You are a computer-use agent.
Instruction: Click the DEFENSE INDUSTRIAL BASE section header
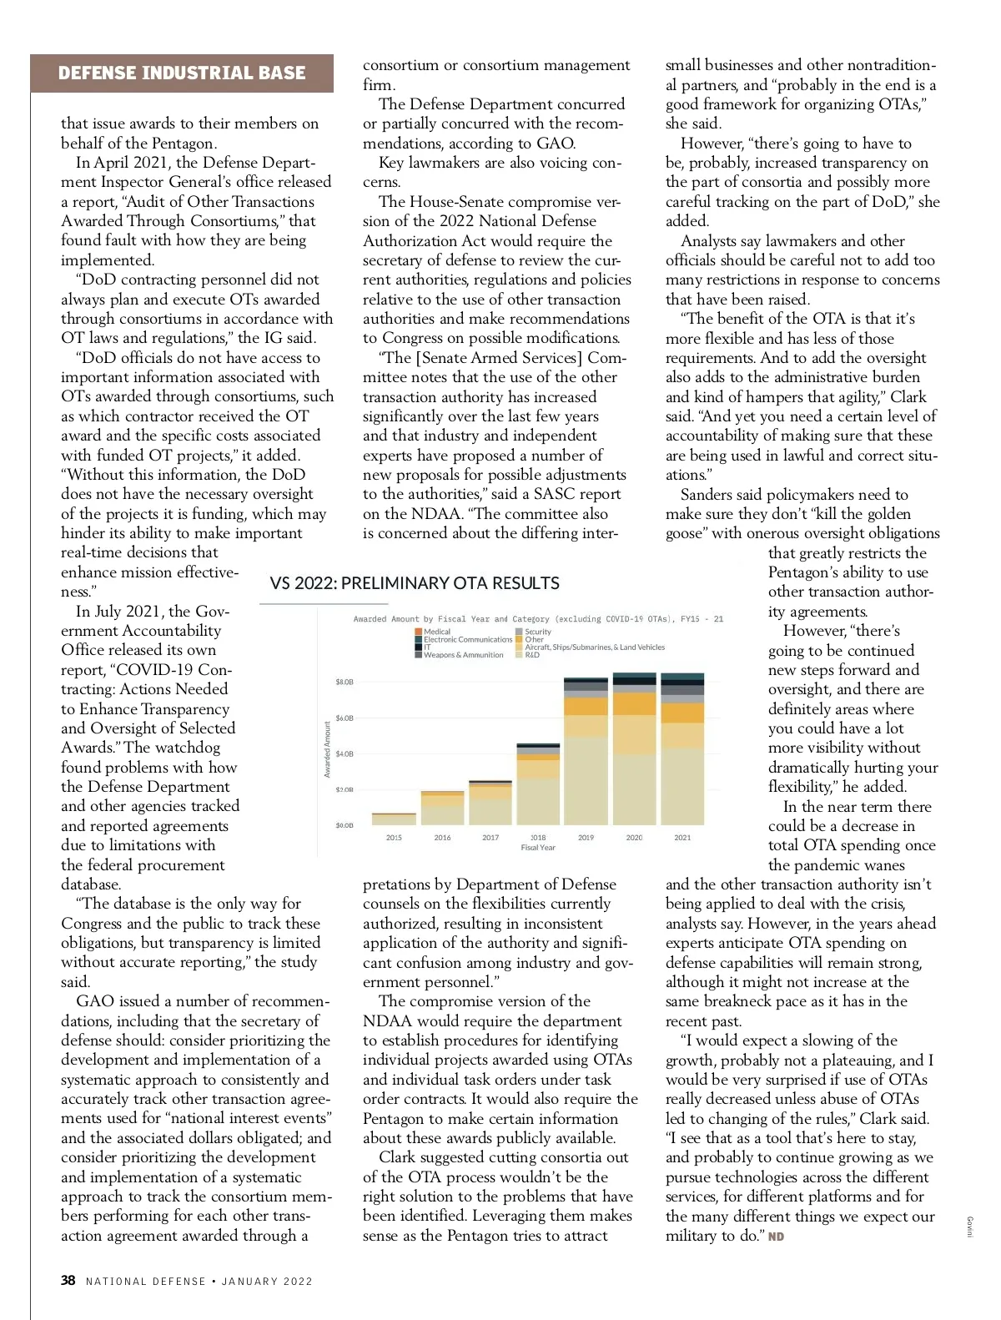point(182,73)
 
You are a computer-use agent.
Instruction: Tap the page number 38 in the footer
point(68,1280)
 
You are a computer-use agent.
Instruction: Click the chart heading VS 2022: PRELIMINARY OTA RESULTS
point(415,583)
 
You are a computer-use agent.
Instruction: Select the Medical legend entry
point(436,632)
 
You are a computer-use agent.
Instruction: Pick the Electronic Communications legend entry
point(467,639)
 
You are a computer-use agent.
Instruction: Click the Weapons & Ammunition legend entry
point(463,655)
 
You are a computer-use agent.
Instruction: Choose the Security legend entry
point(537,632)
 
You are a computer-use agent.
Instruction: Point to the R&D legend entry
point(531,655)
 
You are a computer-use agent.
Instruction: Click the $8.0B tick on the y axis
point(345,682)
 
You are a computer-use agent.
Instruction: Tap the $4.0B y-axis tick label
point(345,753)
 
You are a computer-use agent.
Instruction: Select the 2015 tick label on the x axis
point(394,837)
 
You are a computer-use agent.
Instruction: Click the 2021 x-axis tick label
point(682,837)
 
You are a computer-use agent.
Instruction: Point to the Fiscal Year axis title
point(538,848)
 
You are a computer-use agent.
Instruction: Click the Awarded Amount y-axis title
point(328,749)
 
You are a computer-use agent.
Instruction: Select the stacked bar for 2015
point(394,819)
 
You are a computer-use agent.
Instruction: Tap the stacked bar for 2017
point(490,804)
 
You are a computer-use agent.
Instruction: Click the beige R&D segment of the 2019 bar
point(586,780)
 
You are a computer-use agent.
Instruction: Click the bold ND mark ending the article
point(776,1237)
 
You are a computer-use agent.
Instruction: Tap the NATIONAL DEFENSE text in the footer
point(146,1282)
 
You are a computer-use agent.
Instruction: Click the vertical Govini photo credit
point(969,1227)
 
